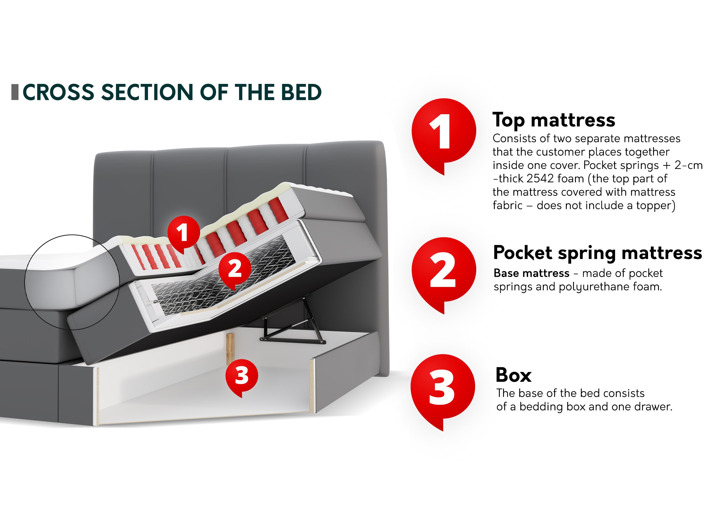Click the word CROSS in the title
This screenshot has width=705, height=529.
[59, 92]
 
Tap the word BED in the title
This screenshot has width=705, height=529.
[301, 92]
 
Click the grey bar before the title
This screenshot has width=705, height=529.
[15, 92]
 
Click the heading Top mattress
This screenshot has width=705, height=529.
[554, 120]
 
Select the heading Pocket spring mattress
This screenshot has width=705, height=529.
[597, 253]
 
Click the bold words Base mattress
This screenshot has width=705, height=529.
[531, 273]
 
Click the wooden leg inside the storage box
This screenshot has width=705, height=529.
[230, 348]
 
